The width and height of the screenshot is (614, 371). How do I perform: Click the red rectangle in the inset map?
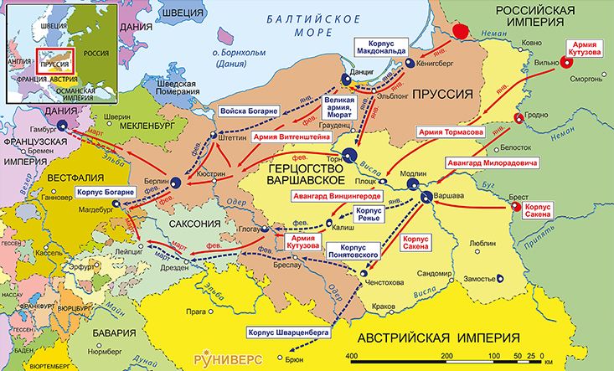pyautogui.click(x=54, y=62)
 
